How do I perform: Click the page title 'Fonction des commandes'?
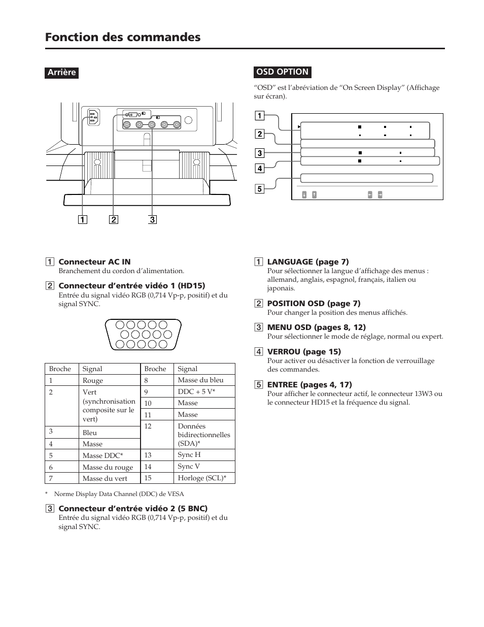coord(122,37)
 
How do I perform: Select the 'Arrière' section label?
coord(61,73)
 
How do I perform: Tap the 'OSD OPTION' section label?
coord(282,72)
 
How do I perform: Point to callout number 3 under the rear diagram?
coord(152,220)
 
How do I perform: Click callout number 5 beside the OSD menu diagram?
coord(259,189)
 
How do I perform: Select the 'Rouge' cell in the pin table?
coord(93,380)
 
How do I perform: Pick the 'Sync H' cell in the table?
coord(189,454)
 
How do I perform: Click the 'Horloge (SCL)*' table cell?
coord(202,478)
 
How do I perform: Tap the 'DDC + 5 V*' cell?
coord(196,391)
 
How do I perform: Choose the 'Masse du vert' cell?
coord(105,478)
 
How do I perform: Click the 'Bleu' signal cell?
coord(90,433)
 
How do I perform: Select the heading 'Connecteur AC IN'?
coord(94,262)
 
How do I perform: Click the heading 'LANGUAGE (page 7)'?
coord(308,262)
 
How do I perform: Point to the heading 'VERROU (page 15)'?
coord(304,351)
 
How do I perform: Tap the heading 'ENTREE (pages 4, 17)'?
coord(309,384)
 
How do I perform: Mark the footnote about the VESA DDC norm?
coord(119,493)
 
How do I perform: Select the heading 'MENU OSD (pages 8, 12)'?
coord(316,327)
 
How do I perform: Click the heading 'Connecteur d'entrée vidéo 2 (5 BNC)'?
coord(133,508)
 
